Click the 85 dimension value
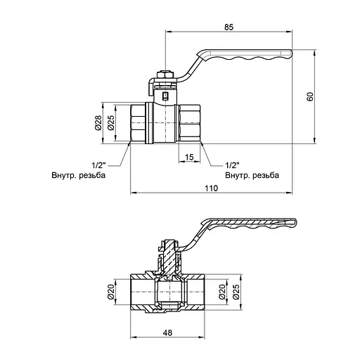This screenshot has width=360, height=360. (229, 27)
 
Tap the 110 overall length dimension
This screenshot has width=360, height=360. (212, 188)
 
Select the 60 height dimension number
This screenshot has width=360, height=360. (310, 96)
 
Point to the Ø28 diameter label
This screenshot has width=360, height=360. (98, 123)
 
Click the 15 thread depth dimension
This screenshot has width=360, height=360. (189, 157)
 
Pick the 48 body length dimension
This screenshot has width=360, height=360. (167, 333)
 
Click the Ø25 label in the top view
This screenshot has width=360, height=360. (110, 123)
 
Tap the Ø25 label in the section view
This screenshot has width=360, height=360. (236, 292)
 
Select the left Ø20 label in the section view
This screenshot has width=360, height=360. (110, 292)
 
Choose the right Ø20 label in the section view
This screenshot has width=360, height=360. (222, 292)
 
